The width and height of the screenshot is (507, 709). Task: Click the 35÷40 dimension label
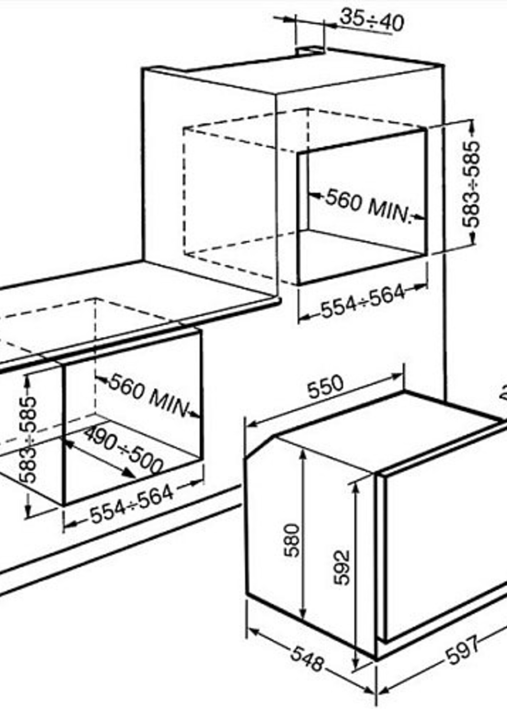tap(372, 21)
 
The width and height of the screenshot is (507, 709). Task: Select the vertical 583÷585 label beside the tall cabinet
tap(470, 185)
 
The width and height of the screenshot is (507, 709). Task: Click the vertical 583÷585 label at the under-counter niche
tap(28, 440)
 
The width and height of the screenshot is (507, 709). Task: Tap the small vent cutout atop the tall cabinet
tap(310, 50)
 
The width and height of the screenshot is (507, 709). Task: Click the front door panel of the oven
tap(443, 546)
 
